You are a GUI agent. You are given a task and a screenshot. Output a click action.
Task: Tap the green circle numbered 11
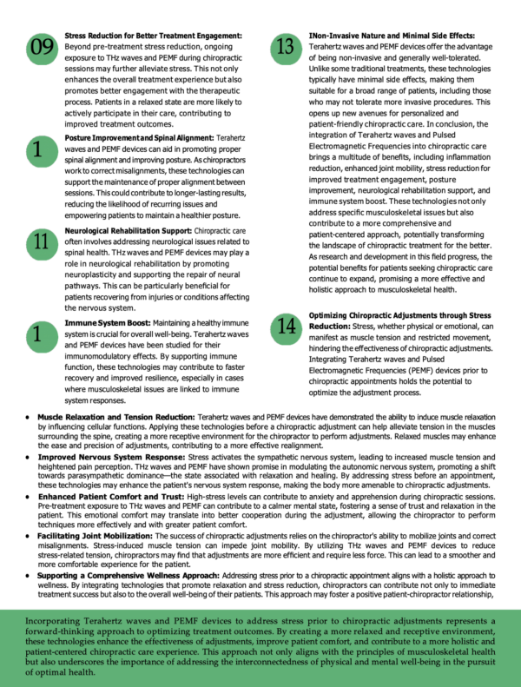[40, 244]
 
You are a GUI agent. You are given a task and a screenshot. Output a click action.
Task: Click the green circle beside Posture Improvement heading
[40, 150]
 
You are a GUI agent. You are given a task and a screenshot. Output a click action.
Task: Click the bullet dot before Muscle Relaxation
[29, 418]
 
